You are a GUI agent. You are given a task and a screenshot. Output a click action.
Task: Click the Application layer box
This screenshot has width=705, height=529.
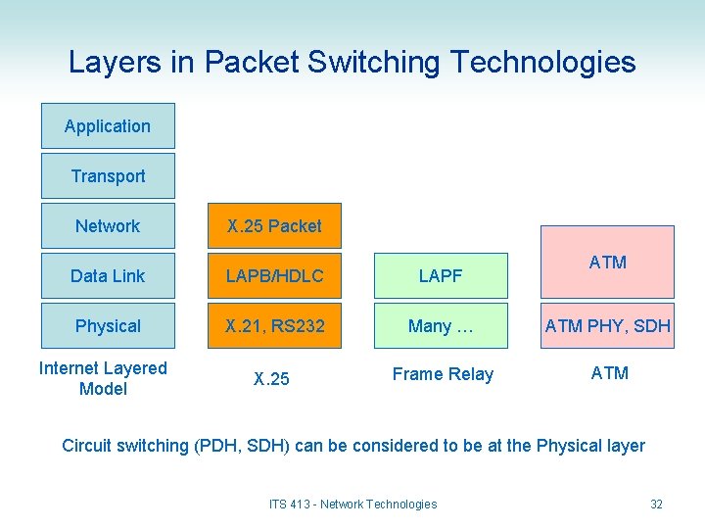[108, 126]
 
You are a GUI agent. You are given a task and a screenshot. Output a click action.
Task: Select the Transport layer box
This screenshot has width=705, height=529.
[108, 176]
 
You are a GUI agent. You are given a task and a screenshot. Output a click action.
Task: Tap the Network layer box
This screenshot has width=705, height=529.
[108, 226]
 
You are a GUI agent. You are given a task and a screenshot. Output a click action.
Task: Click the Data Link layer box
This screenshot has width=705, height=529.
[108, 276]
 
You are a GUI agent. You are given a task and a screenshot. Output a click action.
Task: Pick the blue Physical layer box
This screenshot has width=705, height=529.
[108, 326]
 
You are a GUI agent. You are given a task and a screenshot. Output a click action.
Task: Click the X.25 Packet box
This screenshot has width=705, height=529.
[274, 226]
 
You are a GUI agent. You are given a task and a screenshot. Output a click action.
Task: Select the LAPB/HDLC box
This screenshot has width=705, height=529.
[274, 276]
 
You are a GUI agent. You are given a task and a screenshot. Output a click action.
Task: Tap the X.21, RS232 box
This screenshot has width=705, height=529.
[274, 326]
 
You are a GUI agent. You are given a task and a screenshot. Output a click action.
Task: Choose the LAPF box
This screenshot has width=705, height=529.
[441, 276]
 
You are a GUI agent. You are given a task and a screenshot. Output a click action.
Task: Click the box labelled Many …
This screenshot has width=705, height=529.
[441, 326]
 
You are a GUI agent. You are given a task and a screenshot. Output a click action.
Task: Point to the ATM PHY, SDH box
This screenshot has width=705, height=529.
[608, 326]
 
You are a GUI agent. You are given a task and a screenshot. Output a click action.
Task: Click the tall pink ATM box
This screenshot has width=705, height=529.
[608, 262]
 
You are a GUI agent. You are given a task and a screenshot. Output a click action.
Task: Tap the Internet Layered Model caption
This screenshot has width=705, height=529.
[103, 378]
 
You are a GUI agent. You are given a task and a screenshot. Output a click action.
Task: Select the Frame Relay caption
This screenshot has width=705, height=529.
[443, 374]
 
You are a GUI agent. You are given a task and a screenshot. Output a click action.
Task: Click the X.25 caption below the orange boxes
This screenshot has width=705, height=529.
[271, 379]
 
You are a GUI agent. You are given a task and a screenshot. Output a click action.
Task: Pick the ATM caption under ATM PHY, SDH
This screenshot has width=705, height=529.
[610, 373]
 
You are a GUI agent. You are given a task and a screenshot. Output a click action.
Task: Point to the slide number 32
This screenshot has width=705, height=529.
[656, 505]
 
